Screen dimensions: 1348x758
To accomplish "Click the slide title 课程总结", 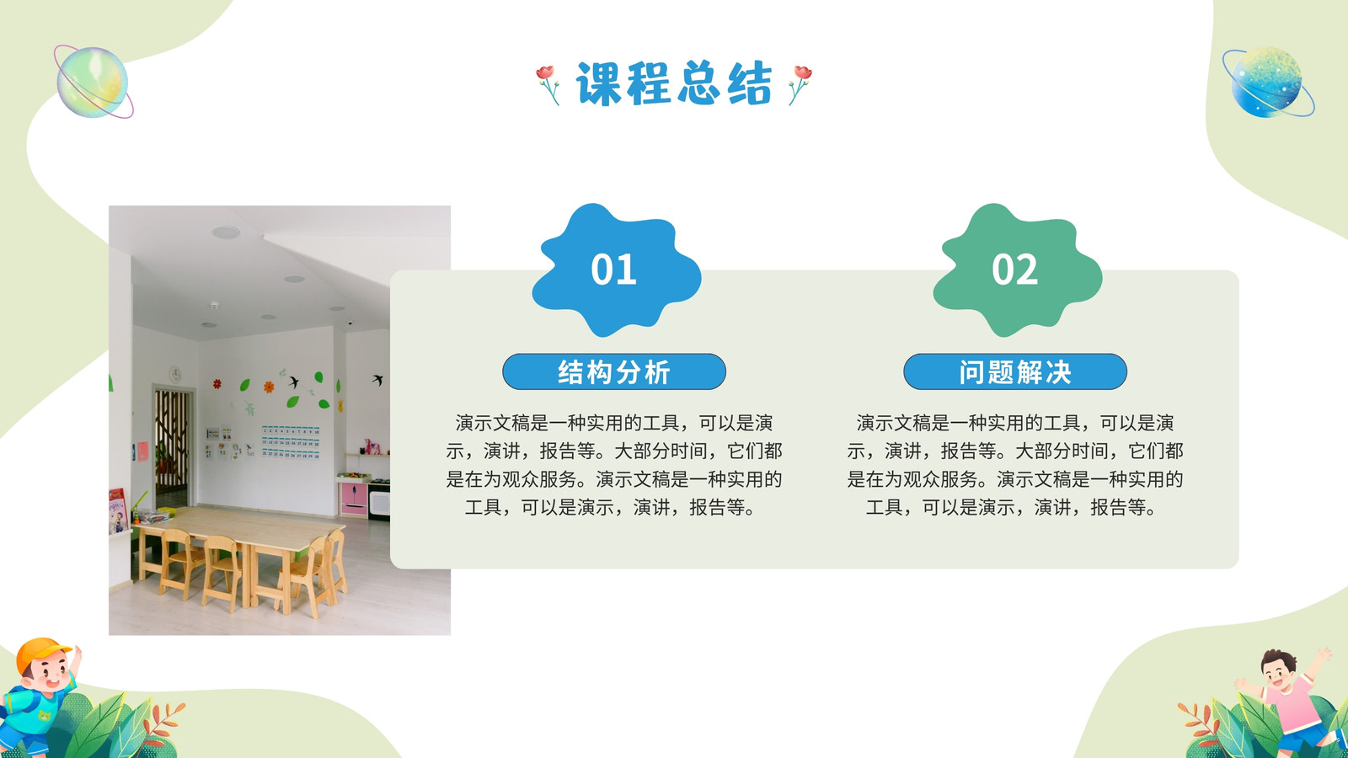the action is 673,83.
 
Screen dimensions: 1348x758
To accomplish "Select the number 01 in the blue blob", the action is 614,269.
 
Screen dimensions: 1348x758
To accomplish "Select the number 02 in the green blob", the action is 1014,269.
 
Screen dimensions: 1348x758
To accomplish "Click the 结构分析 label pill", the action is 614,371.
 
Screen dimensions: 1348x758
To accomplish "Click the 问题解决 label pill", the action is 1014,371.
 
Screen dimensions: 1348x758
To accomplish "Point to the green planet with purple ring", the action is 93,82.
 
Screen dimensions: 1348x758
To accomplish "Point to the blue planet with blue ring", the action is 1268,82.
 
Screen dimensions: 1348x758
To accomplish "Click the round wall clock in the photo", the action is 175,374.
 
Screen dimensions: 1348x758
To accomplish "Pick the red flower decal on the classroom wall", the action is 217,383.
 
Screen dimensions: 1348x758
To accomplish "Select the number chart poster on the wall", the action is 291,442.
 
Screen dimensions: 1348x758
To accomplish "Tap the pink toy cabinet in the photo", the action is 355,498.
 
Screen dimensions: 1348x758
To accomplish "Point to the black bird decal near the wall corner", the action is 378,380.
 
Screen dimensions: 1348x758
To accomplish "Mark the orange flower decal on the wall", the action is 269,387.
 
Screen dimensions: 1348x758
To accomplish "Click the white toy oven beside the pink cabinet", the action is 379,500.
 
